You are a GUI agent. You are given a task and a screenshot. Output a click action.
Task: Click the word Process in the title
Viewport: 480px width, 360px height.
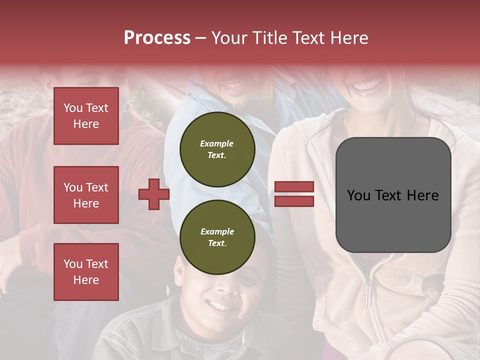157,38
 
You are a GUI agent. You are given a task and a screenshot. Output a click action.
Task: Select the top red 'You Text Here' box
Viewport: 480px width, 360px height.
86,116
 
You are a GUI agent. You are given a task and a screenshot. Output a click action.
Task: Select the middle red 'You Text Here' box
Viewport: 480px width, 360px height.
86,195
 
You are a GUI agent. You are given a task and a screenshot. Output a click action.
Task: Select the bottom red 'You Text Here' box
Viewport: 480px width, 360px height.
86,271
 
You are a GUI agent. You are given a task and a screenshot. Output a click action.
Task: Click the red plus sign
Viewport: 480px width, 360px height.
154,194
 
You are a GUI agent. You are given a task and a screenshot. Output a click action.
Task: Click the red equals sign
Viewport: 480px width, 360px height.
294,194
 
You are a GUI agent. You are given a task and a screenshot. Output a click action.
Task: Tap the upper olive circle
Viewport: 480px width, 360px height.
217,149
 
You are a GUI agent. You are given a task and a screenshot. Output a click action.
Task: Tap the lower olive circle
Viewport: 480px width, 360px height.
217,237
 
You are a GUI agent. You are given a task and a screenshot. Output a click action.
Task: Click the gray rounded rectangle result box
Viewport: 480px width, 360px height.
393,194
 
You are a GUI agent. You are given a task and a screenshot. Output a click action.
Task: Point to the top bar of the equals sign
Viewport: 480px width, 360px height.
294,187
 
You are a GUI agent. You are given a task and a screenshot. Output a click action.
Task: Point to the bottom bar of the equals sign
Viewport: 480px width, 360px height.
294,201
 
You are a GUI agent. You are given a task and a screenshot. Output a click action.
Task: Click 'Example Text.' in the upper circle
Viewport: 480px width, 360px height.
217,149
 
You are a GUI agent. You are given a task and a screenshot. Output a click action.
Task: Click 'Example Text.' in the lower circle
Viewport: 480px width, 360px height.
217,237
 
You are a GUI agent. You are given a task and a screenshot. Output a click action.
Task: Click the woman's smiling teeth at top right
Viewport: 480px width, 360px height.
367,86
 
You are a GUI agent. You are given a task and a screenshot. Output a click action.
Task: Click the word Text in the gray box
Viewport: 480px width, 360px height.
393,195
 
